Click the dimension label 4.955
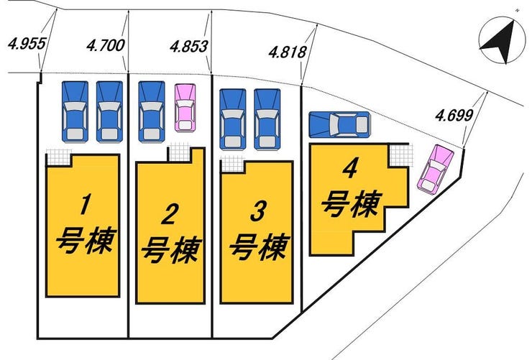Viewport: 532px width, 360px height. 27,44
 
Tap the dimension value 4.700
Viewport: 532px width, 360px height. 106,45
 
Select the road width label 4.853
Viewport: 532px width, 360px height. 188,46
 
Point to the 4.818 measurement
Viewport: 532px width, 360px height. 288,52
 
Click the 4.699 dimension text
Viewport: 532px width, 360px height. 454,116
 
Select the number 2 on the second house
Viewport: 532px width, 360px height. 169,216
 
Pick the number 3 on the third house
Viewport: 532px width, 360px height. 257,211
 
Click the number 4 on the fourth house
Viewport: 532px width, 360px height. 350,169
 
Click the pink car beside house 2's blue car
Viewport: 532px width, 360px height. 185,108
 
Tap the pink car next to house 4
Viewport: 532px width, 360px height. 436,169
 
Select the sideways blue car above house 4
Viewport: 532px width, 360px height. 339,125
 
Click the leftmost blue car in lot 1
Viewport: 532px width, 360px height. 75,111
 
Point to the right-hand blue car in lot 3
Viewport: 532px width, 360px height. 267,119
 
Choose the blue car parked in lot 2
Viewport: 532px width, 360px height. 152,111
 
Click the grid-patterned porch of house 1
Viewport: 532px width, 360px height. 58,157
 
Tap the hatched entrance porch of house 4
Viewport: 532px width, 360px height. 401,156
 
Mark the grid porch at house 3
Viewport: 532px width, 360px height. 232,164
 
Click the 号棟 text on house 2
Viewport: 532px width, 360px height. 171,250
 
